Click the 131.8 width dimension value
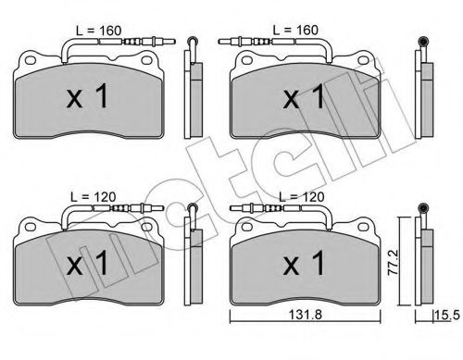tap(305, 315)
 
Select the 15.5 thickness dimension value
tap(447, 316)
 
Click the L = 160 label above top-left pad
tap(99, 31)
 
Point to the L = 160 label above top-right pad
tap(295, 31)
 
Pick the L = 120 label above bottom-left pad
tap(94, 197)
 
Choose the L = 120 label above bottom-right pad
tap(301, 197)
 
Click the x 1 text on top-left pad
tap(87, 96)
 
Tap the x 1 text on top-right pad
tap(304, 96)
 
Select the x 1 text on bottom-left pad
tap(87, 263)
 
